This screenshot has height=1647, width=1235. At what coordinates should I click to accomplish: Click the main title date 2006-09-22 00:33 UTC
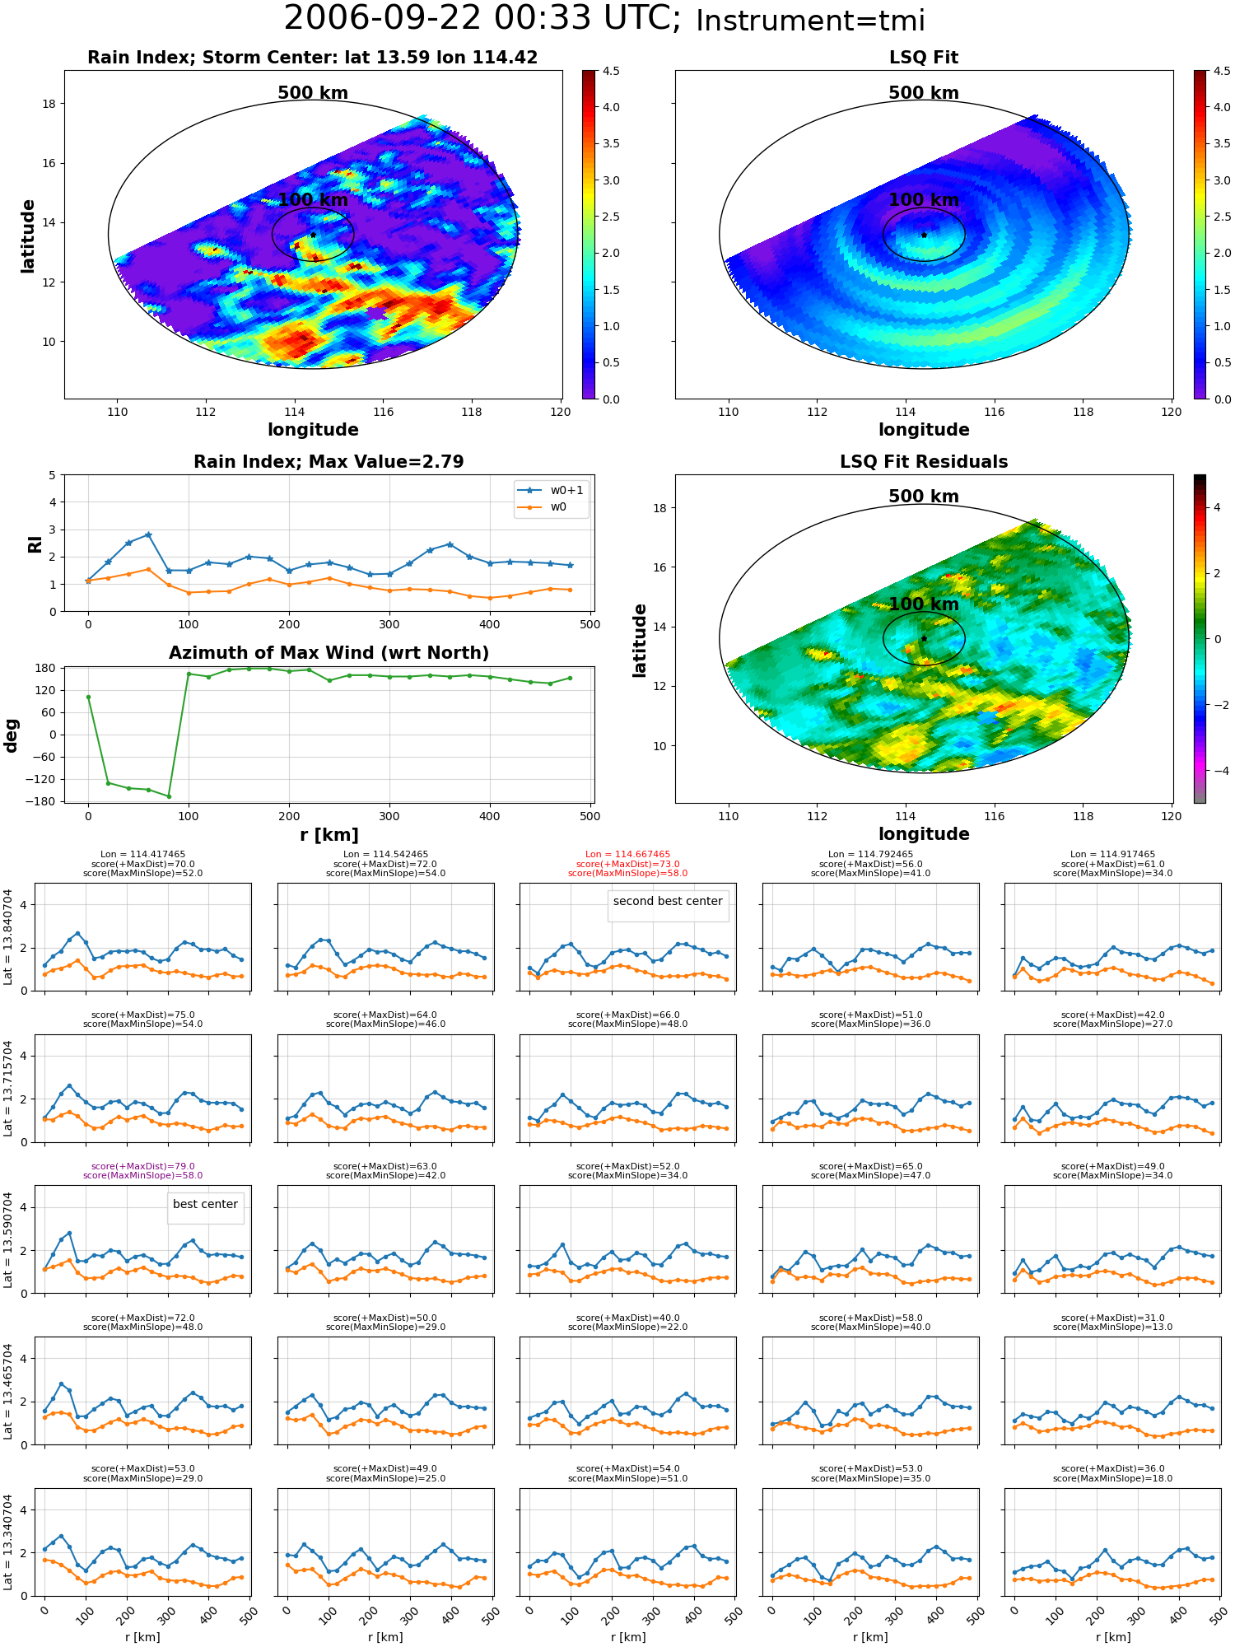(x=482, y=19)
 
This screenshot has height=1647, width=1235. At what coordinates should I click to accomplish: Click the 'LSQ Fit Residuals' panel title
(x=924, y=462)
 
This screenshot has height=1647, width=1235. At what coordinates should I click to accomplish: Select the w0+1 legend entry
(x=552, y=490)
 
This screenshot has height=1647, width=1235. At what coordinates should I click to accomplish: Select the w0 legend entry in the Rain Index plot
(x=543, y=507)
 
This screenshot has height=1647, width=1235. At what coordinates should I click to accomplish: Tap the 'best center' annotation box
(x=205, y=1204)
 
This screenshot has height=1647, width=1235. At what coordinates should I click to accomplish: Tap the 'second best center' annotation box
(x=668, y=901)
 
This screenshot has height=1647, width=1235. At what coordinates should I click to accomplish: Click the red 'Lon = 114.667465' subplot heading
(x=628, y=855)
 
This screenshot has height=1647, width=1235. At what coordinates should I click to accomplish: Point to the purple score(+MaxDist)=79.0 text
(x=143, y=1166)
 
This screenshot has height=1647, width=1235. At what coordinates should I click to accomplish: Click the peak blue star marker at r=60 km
(x=148, y=534)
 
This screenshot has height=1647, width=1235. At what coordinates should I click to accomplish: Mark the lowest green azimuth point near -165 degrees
(x=169, y=796)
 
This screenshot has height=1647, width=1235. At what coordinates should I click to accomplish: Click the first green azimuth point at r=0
(x=88, y=697)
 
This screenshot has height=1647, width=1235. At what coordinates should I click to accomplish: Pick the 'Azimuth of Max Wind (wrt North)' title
(x=329, y=653)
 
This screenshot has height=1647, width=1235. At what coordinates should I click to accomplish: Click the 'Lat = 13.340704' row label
(x=8, y=1542)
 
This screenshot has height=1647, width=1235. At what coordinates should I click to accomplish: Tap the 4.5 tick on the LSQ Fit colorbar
(x=1222, y=71)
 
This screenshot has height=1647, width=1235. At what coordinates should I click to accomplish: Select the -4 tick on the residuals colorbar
(x=1217, y=771)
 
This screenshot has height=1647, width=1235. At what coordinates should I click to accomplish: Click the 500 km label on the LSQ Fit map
(x=924, y=93)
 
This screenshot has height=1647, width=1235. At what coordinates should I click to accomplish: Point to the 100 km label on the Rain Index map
(x=313, y=200)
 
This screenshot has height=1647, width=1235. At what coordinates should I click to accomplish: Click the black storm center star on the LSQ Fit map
(x=924, y=235)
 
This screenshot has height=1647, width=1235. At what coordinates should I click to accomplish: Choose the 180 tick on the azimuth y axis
(x=47, y=668)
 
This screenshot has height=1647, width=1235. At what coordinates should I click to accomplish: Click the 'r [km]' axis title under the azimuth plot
(x=329, y=835)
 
